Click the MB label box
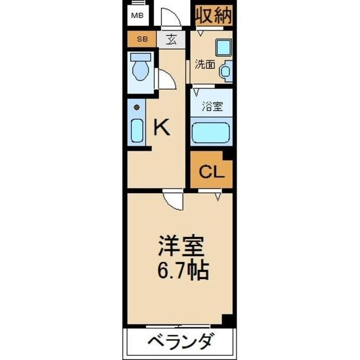(137, 15)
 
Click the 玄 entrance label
(172, 40)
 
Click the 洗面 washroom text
(205, 64)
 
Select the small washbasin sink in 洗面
(226, 72)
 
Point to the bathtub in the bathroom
(210, 132)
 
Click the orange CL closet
(211, 172)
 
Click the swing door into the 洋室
(172, 199)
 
